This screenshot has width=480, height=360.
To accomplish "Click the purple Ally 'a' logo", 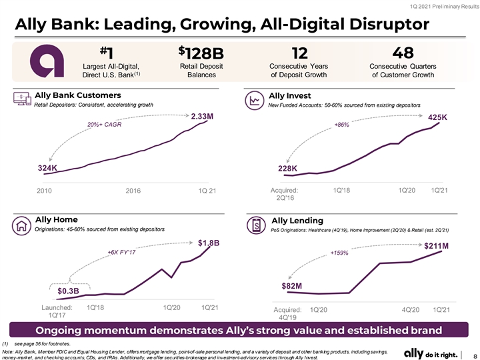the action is click(x=47, y=61).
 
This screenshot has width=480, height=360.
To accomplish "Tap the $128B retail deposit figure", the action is click(x=201, y=53).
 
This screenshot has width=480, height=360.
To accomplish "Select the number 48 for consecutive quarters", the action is click(x=403, y=53).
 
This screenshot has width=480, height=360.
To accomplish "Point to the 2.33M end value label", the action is click(x=202, y=116).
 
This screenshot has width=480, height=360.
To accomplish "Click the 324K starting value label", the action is click(x=47, y=168).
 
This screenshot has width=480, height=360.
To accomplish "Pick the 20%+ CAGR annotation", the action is click(x=104, y=125).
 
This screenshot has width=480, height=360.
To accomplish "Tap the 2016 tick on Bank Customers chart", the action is click(x=133, y=191).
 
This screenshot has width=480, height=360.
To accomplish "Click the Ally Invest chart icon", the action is click(x=255, y=101).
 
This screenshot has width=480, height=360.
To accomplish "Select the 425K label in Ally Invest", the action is click(x=437, y=117).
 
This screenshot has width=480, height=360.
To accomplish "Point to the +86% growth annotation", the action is click(x=341, y=125).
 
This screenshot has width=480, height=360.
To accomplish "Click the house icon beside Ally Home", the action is click(x=21, y=225).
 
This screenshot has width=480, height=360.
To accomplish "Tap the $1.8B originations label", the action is click(x=209, y=243).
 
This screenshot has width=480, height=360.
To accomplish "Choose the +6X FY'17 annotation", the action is click(x=121, y=252).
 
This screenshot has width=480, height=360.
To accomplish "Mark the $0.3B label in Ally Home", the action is click(x=68, y=291).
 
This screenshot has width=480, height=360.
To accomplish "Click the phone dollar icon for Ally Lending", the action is click(x=256, y=225).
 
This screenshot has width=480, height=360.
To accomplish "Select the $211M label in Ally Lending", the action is click(x=436, y=246).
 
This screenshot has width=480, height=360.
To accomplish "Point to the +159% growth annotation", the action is click(x=339, y=253).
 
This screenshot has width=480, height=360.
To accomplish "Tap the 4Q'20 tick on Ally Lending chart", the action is click(x=411, y=310).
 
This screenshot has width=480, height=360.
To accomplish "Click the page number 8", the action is click(x=475, y=356).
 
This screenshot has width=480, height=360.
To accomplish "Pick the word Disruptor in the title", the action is click(x=389, y=25).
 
